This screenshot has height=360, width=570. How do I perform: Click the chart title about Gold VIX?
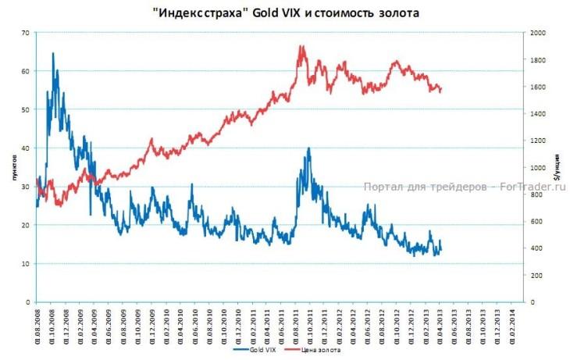tap(285, 12)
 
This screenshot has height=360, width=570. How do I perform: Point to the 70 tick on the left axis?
tap(25, 33)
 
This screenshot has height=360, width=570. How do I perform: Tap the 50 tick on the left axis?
tap(25, 110)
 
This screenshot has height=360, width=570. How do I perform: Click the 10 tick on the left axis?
tap(25, 264)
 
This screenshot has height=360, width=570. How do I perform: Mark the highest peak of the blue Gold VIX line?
tap(53, 53)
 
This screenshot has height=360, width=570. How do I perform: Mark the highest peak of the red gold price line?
tap(301, 46)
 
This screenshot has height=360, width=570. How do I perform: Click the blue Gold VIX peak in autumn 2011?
tap(309, 148)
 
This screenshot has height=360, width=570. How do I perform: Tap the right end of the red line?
tap(442, 88)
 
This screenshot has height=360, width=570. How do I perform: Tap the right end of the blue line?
tap(441, 248)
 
